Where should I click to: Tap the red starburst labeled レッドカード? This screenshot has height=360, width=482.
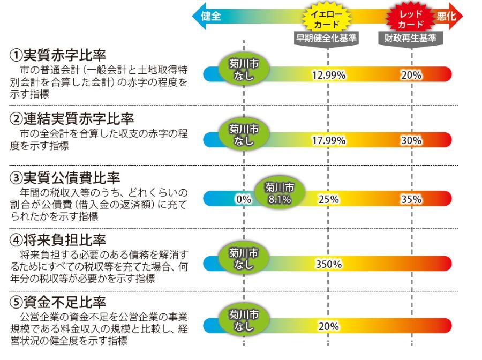[x=411, y=18]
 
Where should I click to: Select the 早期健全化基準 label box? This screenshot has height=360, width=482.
[x=328, y=39]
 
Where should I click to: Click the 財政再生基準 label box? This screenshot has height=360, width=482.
[x=411, y=39]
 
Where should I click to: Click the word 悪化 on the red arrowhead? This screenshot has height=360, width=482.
[x=446, y=16]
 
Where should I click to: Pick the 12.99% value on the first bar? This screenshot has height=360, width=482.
[x=328, y=75]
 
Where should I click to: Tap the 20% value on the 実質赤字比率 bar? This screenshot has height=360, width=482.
[x=411, y=75]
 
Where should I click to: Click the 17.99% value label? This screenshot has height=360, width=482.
[x=328, y=141]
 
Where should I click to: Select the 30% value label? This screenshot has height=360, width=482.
[x=411, y=141]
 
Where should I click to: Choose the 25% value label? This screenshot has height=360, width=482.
[x=328, y=199]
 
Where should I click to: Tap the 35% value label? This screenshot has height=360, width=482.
[x=411, y=199]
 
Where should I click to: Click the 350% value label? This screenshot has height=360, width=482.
[x=328, y=264]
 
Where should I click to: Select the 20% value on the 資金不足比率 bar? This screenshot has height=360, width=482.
[x=328, y=326]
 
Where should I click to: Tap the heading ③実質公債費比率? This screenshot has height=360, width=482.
[x=65, y=177]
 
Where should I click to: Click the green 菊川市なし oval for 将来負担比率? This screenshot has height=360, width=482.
[x=243, y=258]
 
